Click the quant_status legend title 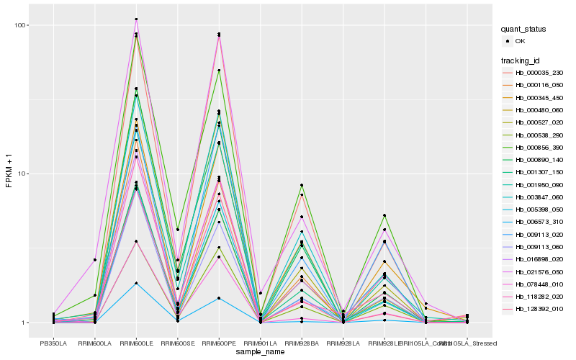point(524,29)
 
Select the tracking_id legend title point(522,60)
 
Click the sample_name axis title point(260,354)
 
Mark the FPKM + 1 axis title point(9,174)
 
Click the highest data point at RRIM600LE point(136,19)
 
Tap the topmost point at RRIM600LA point(95,259)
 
